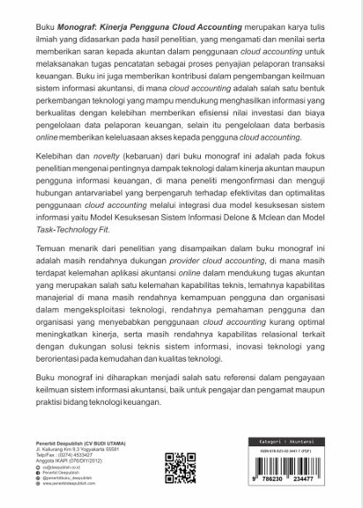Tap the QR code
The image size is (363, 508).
click(x=180, y=469)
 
